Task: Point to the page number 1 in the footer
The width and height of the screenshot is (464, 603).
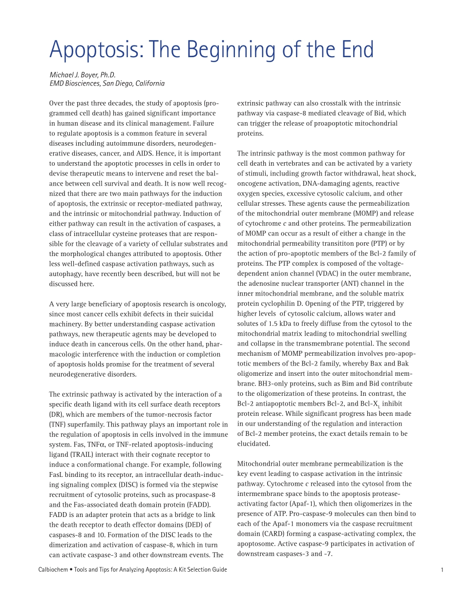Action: (x=442, y=570)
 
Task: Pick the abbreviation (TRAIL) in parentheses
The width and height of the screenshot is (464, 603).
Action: (x=78, y=454)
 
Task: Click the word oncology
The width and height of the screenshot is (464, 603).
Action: (x=211, y=304)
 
